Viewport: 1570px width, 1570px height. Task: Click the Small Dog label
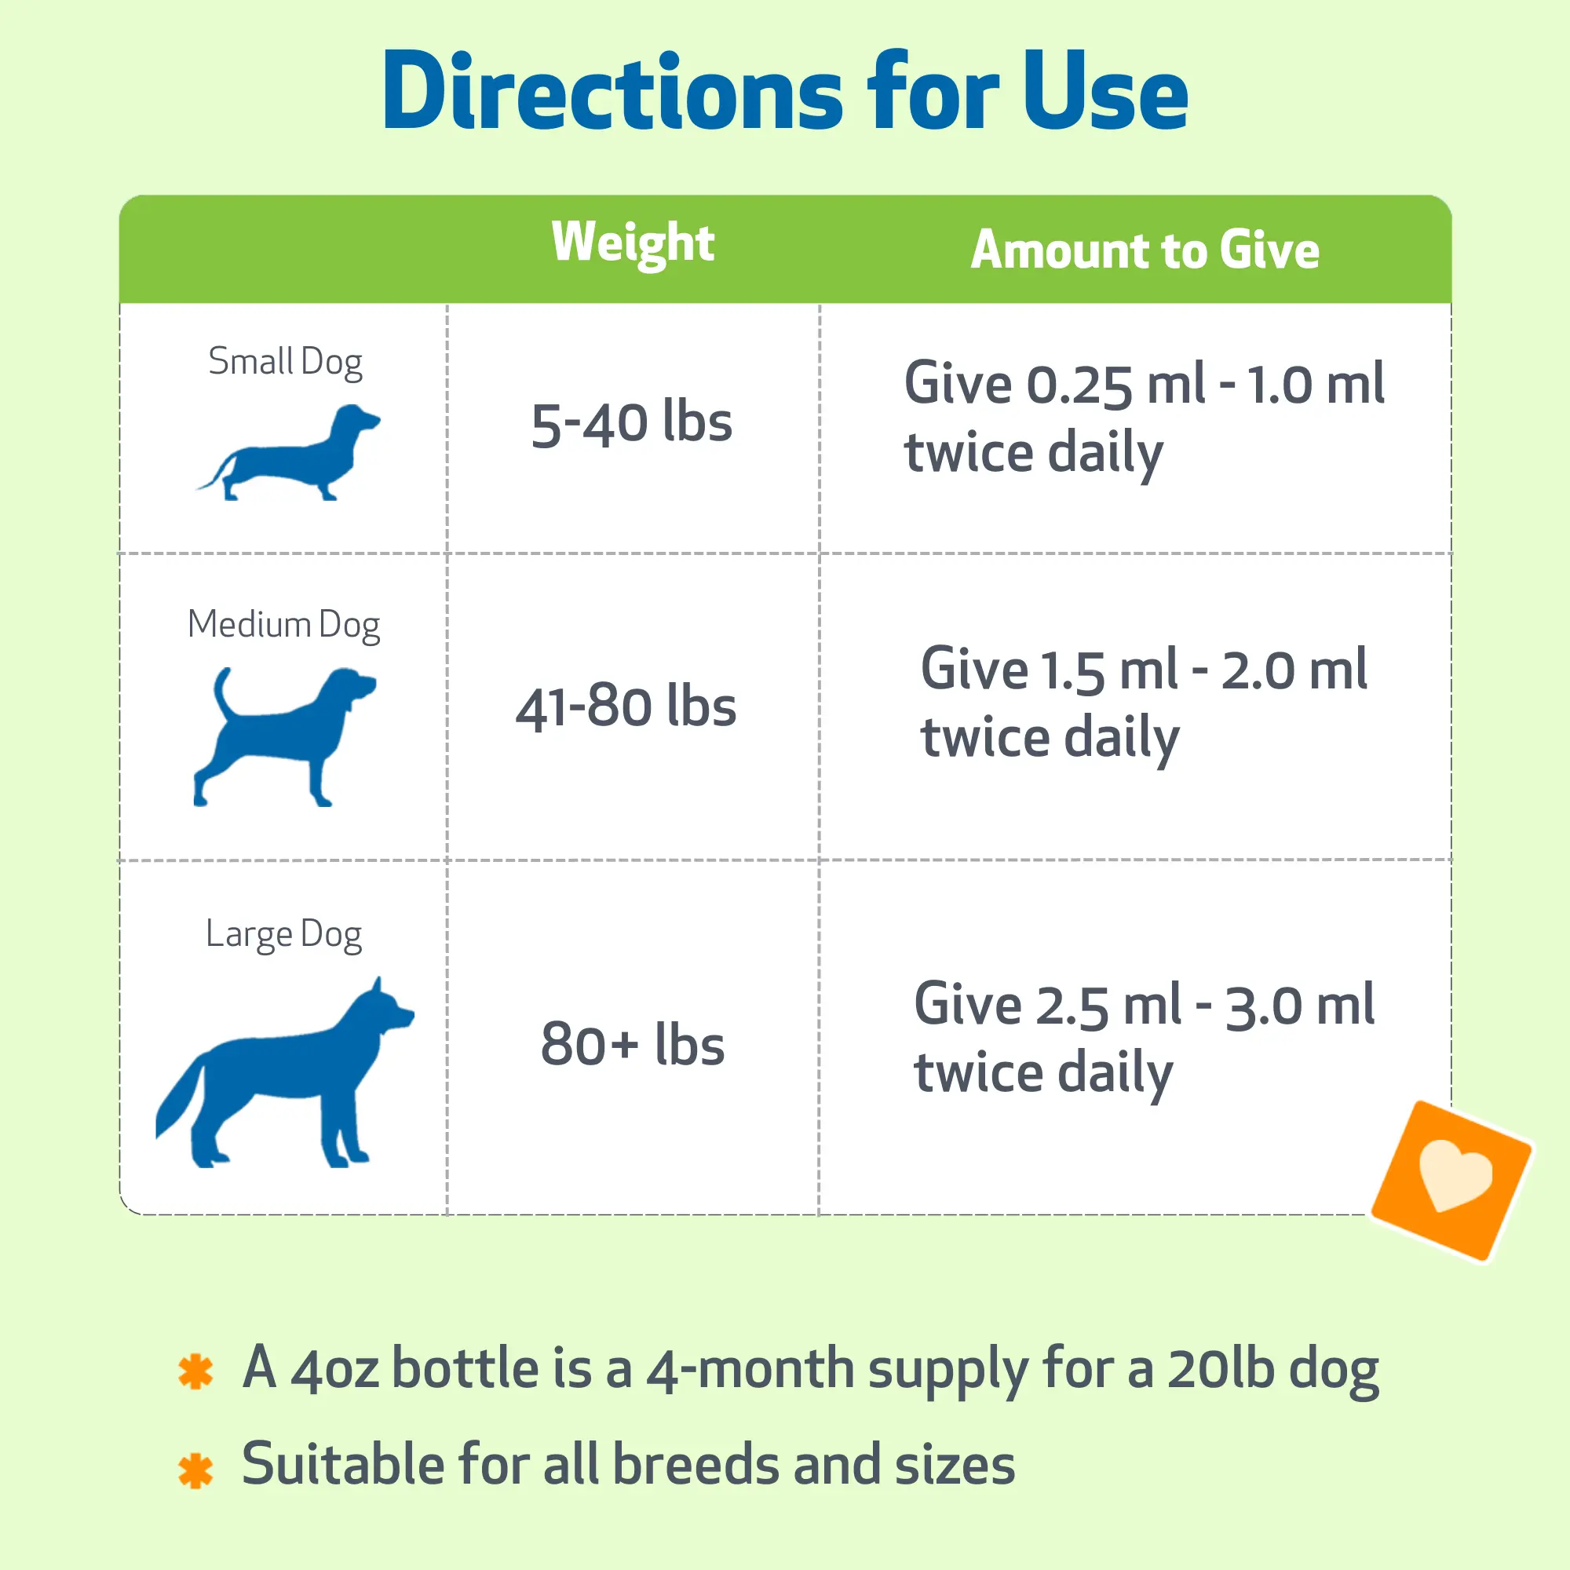point(285,362)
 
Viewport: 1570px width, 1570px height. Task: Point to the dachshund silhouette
point(288,453)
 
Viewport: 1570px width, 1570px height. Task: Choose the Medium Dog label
point(283,625)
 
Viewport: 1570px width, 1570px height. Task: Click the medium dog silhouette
point(284,736)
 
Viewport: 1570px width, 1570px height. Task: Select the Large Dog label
point(283,933)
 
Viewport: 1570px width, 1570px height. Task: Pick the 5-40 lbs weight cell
point(631,423)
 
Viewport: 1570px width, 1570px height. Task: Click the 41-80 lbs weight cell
point(626,706)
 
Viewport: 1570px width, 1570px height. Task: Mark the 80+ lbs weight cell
point(632,1044)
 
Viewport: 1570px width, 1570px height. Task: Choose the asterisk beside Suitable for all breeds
point(195,1470)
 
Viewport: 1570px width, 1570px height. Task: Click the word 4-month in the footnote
point(750,1369)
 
